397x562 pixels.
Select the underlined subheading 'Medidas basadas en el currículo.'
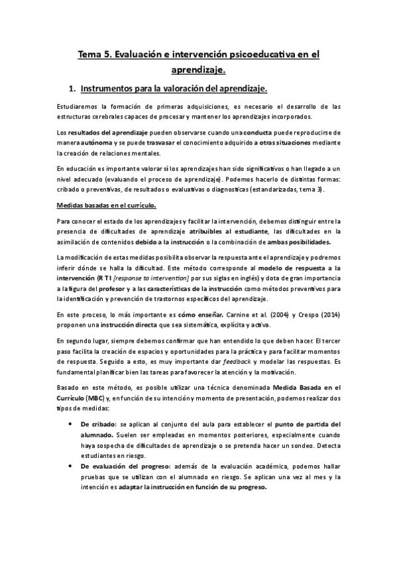pyautogui.click(x=106, y=205)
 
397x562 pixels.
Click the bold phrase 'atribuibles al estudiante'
pyautogui.click(x=229, y=231)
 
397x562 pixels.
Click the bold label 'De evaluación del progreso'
pyautogui.click(x=120, y=467)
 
